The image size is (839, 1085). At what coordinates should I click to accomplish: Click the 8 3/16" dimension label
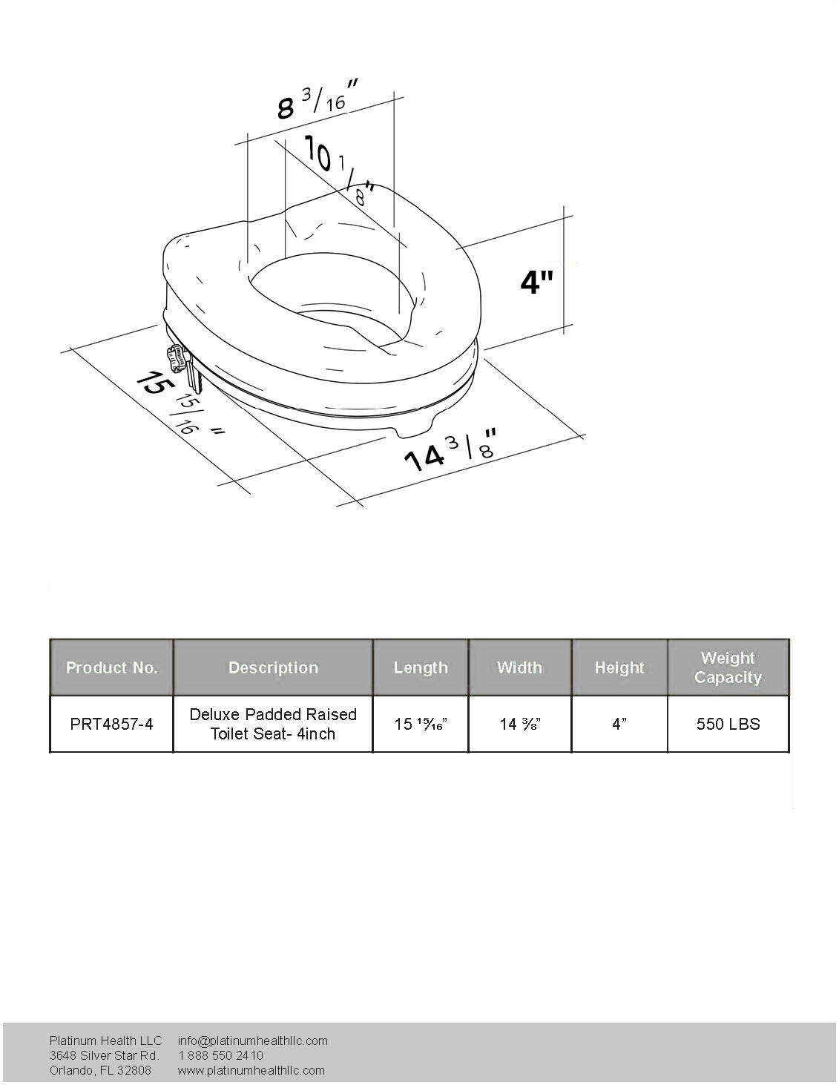click(x=317, y=100)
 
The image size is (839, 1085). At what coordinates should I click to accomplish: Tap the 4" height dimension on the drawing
click(x=536, y=282)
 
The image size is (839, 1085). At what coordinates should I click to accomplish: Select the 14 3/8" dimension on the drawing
click(x=450, y=449)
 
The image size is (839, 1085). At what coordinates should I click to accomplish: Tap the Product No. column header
click(x=112, y=667)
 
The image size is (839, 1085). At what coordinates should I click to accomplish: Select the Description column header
click(x=273, y=667)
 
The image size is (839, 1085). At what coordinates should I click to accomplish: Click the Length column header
click(x=421, y=667)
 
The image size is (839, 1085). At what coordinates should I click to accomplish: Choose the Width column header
click(x=519, y=667)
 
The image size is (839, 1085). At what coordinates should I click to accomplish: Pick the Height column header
click(x=619, y=667)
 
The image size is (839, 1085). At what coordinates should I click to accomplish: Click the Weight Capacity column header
click(x=728, y=667)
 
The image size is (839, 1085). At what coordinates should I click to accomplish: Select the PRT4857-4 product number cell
click(x=112, y=724)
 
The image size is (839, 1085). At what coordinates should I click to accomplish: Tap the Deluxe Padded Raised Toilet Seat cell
click(x=273, y=724)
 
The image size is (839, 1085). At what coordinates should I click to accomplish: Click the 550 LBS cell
click(x=728, y=724)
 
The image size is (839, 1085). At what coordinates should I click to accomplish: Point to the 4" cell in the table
click(x=619, y=724)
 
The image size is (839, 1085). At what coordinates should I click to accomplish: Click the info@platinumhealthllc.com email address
click(x=252, y=1041)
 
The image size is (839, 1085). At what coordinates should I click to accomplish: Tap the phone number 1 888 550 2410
click(x=221, y=1055)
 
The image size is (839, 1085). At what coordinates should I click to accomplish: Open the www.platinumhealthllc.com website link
click(x=251, y=1070)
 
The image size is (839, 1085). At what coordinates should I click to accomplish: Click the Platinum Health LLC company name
click(x=105, y=1041)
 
